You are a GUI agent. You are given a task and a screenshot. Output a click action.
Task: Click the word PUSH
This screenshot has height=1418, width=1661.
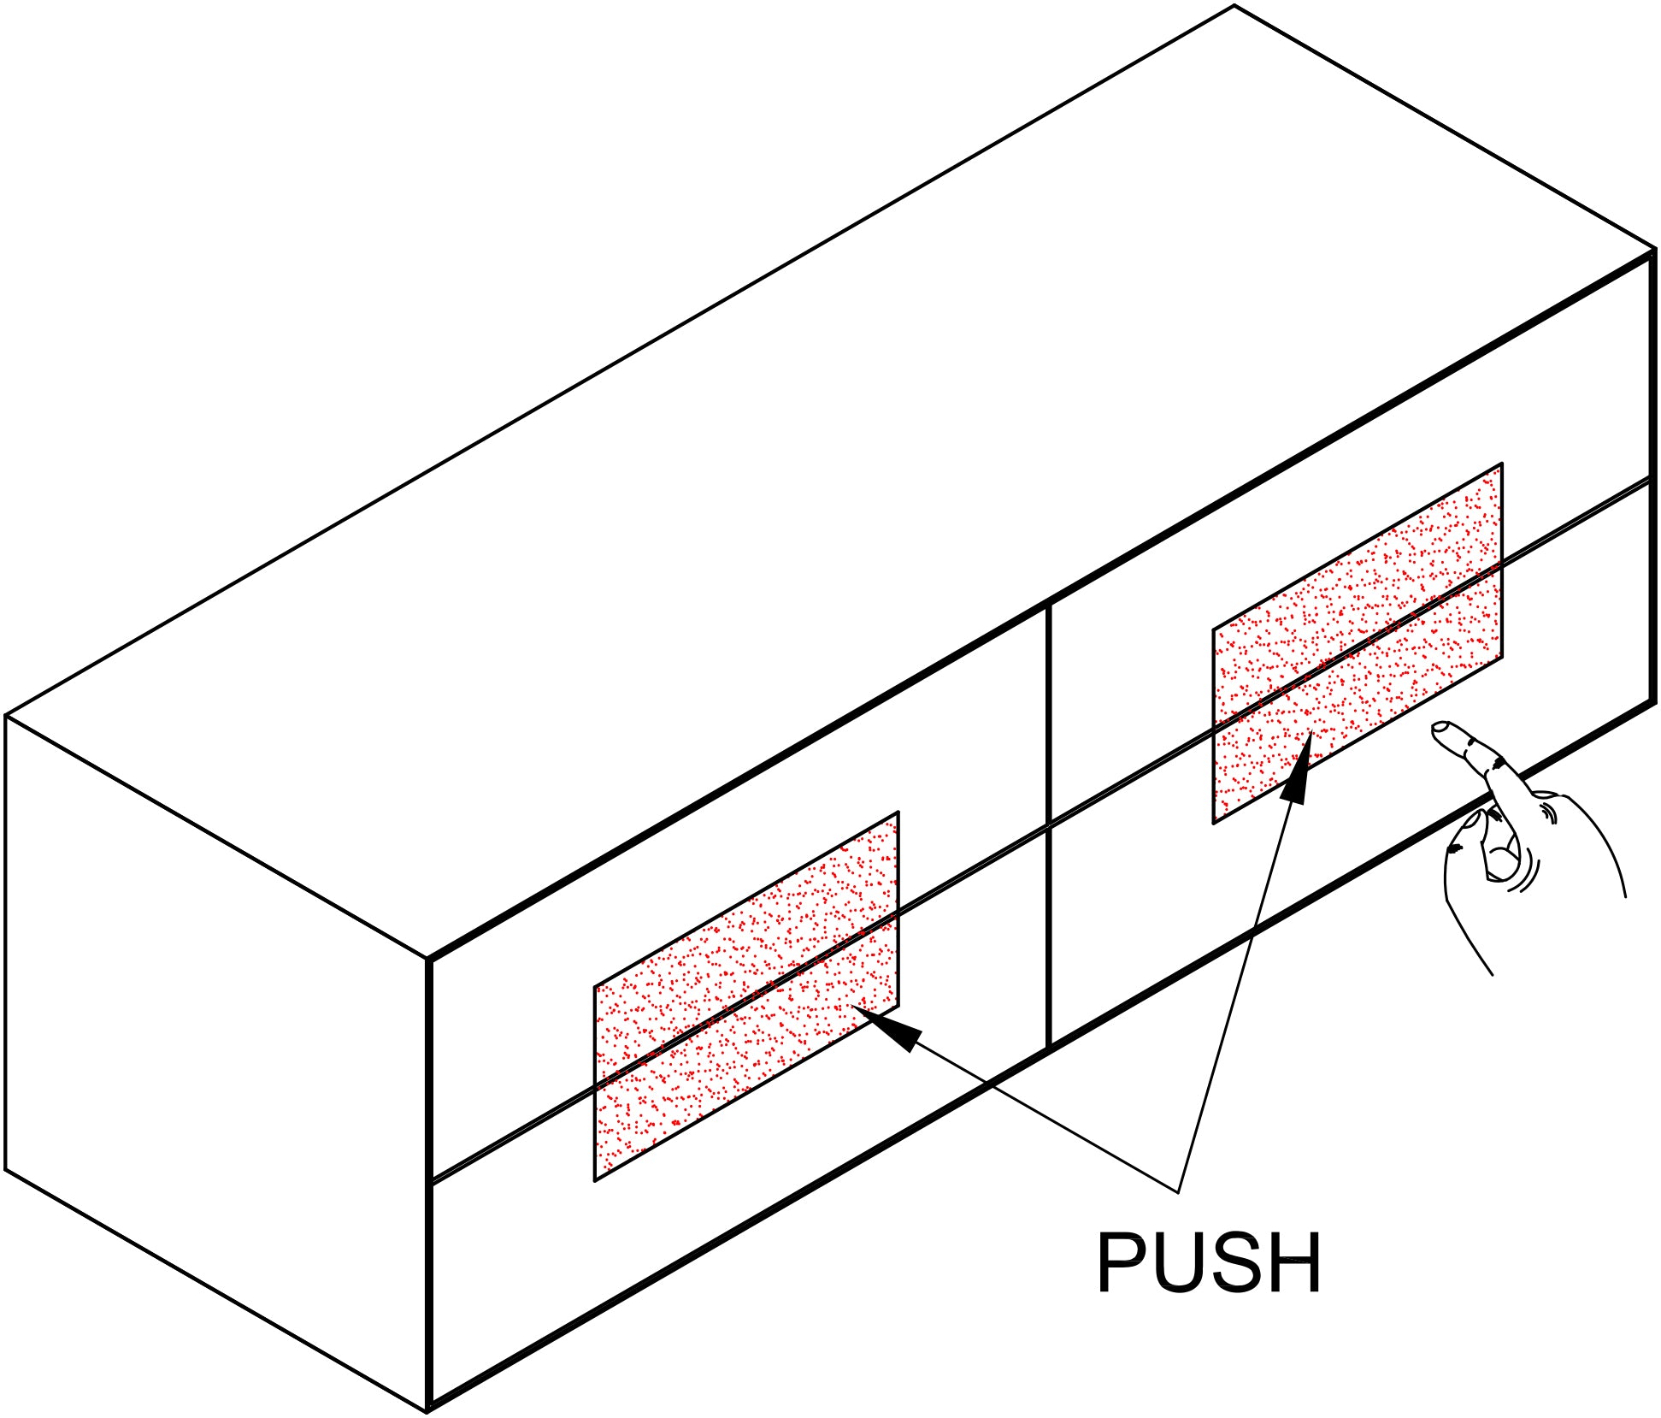(x=1208, y=1262)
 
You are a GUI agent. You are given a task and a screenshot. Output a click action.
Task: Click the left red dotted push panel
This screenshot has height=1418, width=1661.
(x=745, y=996)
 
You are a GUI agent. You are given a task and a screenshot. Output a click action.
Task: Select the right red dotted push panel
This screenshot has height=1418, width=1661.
(x=1358, y=643)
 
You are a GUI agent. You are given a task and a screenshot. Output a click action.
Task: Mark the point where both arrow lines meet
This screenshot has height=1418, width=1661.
(x=1178, y=1191)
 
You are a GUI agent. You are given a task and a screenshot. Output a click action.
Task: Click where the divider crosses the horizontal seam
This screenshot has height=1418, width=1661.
(x=1049, y=825)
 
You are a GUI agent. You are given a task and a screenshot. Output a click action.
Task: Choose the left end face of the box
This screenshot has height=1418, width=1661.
(x=214, y=1061)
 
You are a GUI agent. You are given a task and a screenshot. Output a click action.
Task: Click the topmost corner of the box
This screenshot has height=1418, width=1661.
(x=1234, y=6)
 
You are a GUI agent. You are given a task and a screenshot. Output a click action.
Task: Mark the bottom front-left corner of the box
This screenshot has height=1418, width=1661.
(x=427, y=1409)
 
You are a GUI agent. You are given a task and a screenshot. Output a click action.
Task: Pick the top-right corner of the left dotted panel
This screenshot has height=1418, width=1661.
(x=898, y=812)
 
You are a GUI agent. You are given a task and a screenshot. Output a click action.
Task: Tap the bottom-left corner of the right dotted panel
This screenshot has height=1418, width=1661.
(x=1214, y=823)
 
